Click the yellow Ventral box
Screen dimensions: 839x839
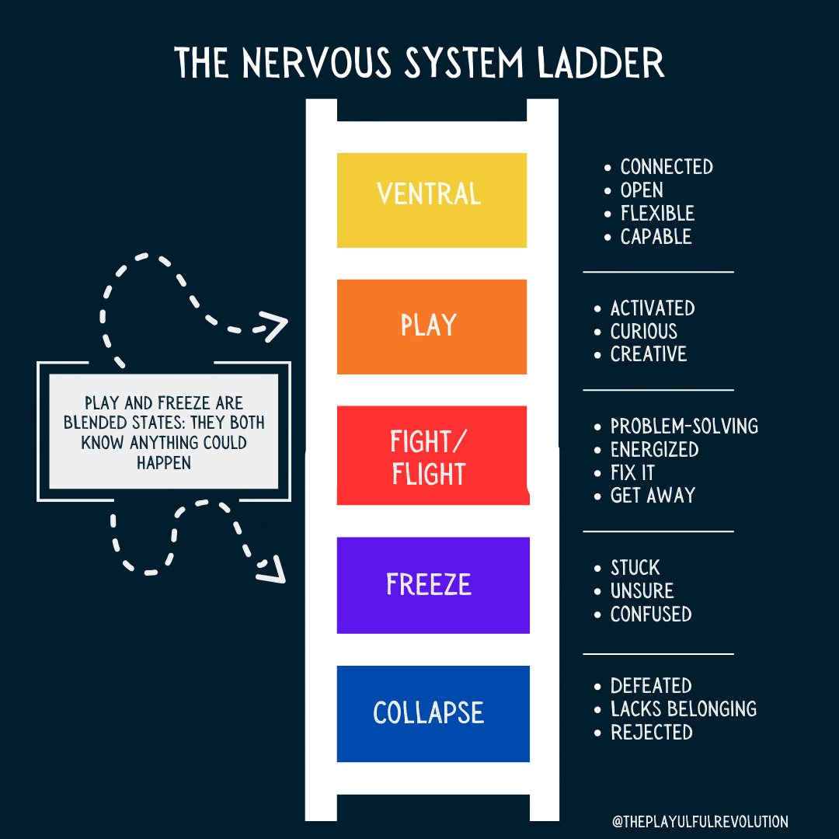431,200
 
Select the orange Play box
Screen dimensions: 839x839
431,326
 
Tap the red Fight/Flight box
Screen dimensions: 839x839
431,456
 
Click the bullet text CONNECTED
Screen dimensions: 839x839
666,167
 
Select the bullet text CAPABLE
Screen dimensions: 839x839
656,237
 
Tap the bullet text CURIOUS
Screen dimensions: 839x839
643,331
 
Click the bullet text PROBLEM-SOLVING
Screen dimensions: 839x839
684,426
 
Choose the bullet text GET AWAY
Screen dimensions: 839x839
653,496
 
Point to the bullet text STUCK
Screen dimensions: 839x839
635,568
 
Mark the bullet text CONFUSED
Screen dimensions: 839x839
650,614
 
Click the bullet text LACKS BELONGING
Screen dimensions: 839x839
683,709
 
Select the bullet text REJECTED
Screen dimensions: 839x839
651,733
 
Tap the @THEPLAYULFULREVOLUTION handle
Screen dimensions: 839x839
700,821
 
